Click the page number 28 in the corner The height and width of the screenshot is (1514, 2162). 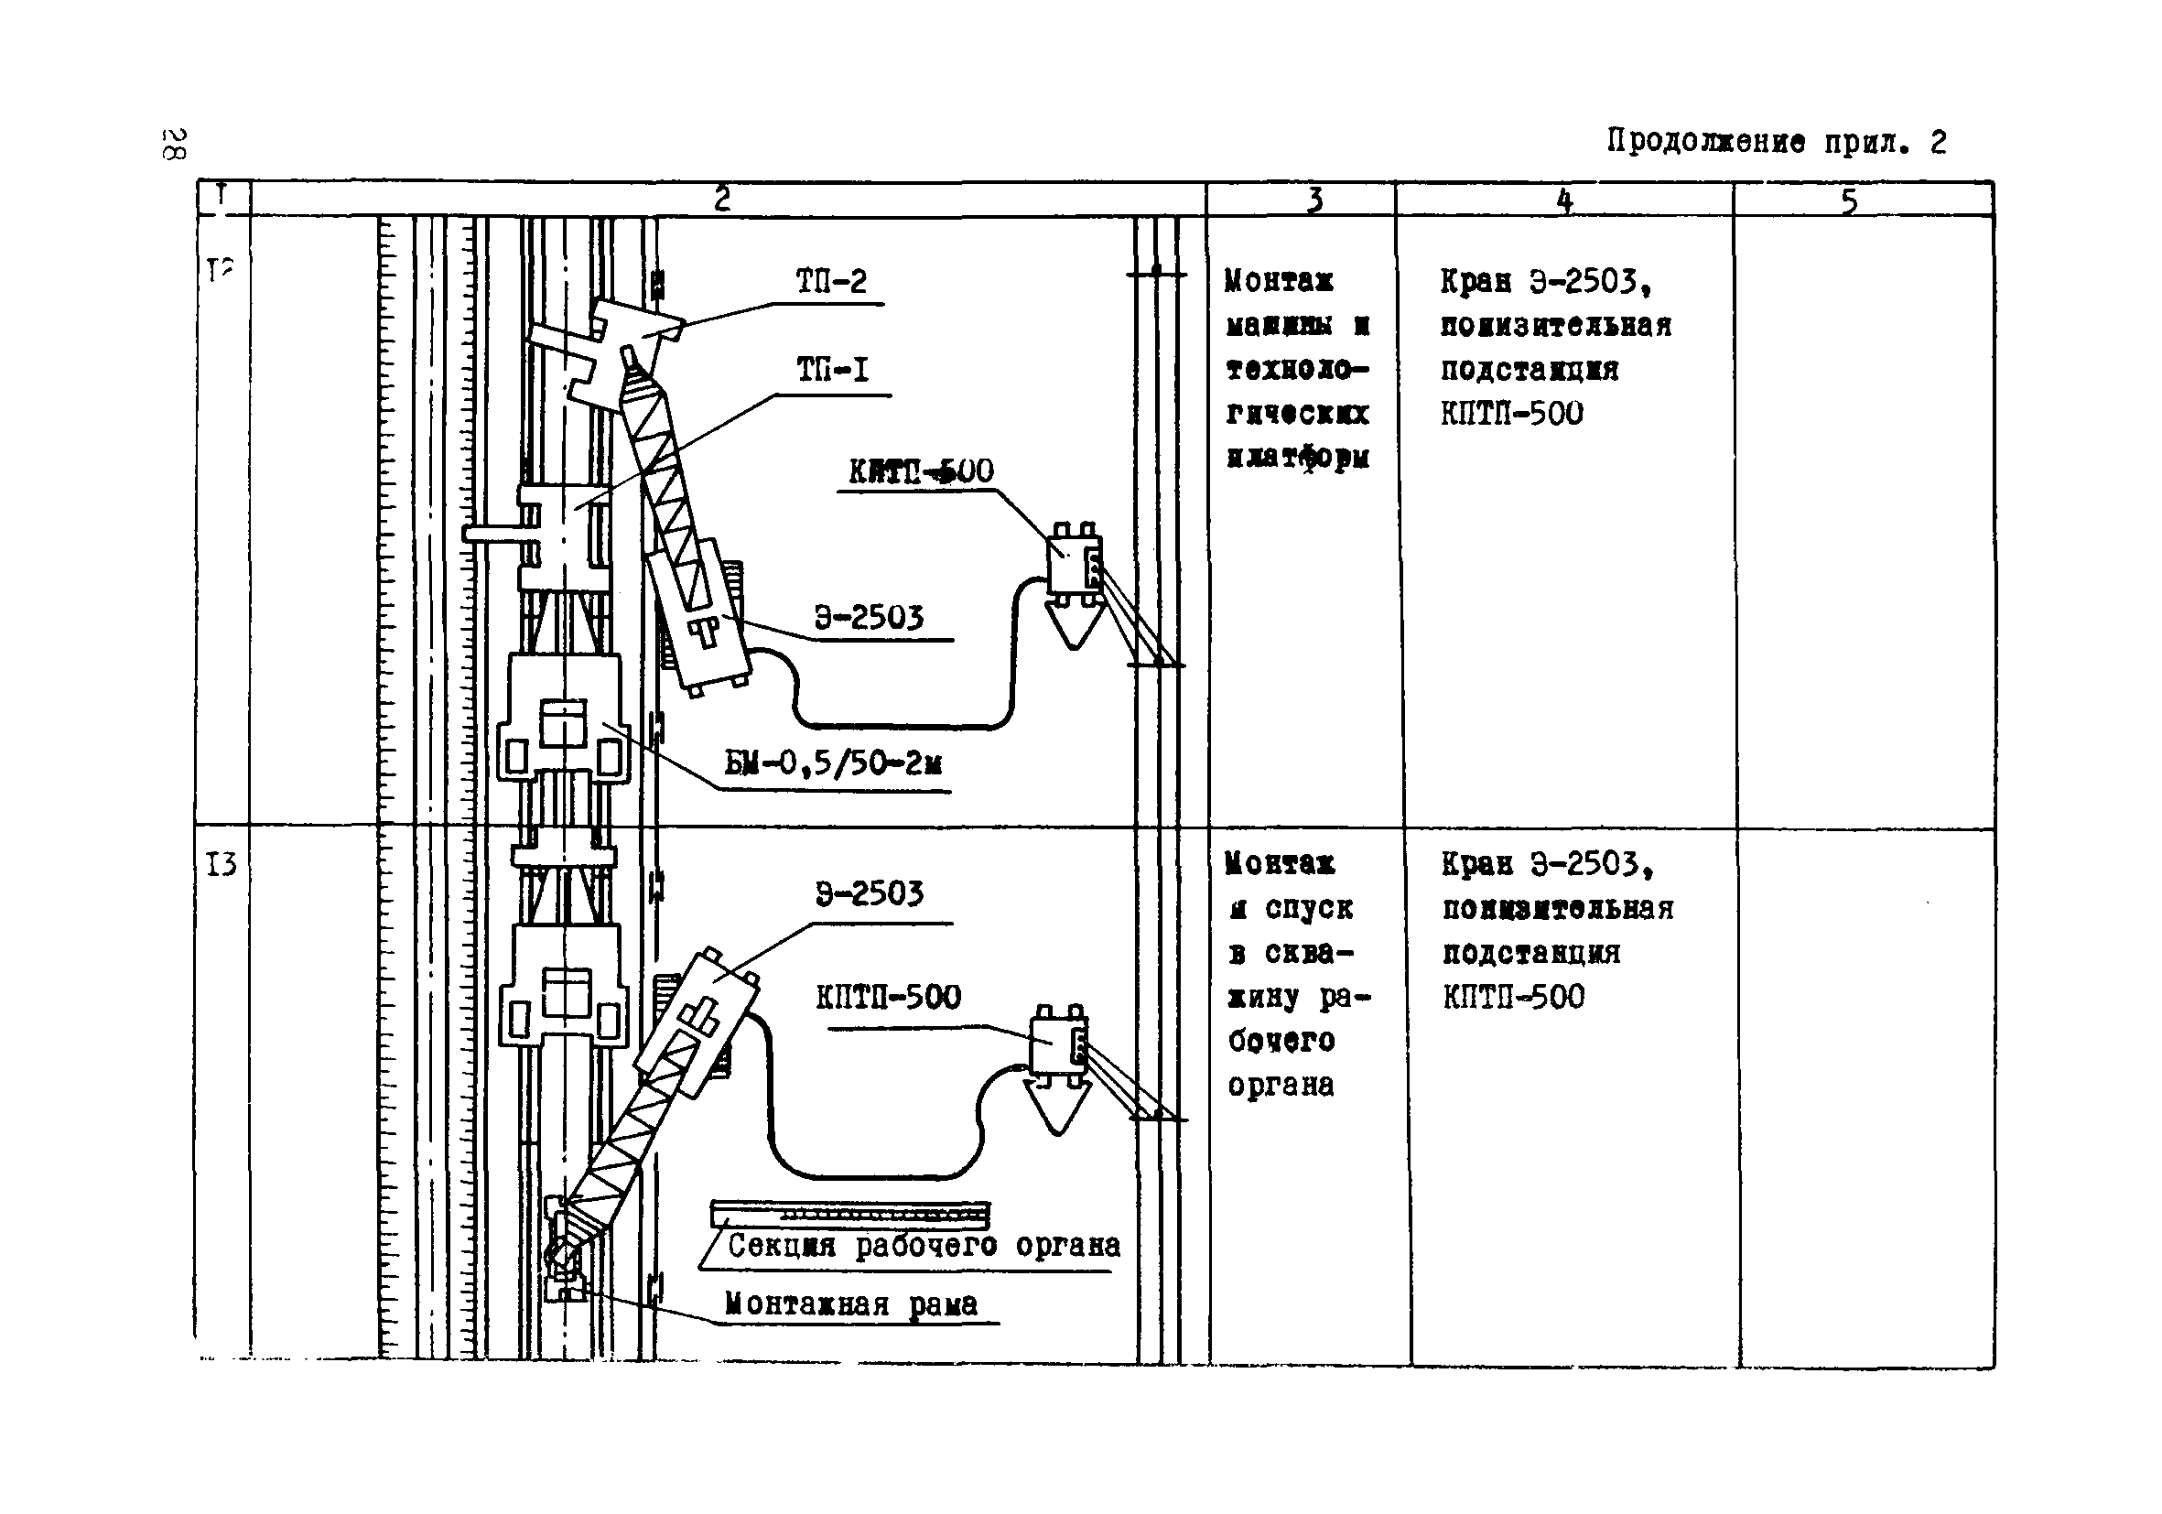pos(174,143)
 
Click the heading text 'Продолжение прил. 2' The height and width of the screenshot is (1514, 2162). pos(1775,142)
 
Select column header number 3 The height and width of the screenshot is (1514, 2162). pos(1314,200)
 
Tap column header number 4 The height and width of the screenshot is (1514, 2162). pos(1564,200)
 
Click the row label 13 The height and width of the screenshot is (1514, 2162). pos(222,864)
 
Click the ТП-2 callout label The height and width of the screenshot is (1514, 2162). pos(830,282)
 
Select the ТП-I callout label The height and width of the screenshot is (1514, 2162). pos(832,370)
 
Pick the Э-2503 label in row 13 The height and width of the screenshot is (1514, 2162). pos(870,893)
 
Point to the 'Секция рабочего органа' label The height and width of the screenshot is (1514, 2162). pos(924,1247)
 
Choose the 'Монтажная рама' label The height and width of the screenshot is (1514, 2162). pos(851,1304)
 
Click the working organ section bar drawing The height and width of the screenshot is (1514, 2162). pos(849,1214)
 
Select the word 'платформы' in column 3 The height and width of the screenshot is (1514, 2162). pos(1298,458)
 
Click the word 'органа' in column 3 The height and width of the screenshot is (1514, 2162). pos(1281,1086)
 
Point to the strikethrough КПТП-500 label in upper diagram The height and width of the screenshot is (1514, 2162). pos(921,470)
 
